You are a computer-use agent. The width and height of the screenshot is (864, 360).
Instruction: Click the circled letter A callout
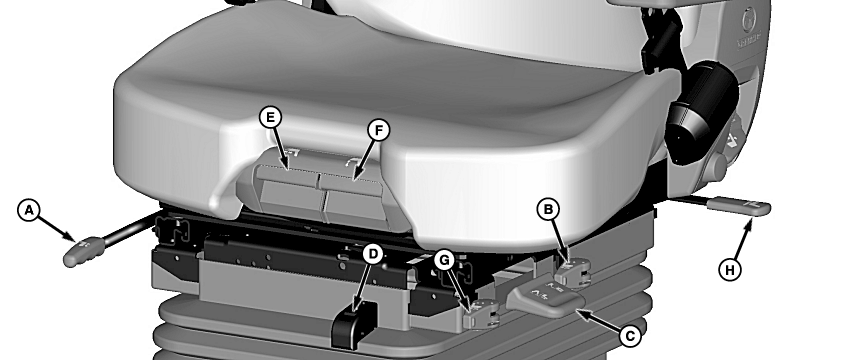(x=29, y=211)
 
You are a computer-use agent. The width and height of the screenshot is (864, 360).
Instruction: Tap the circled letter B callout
(x=548, y=209)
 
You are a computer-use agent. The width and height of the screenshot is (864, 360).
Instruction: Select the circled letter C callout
(x=630, y=336)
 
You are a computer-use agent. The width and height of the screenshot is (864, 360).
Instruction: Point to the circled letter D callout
(x=373, y=255)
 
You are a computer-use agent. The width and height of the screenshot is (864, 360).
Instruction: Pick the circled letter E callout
(x=270, y=117)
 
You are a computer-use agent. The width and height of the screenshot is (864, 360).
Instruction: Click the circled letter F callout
(x=379, y=131)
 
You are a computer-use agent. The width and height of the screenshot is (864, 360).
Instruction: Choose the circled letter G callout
(x=445, y=260)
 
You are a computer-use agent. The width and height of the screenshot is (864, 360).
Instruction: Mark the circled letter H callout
(x=730, y=270)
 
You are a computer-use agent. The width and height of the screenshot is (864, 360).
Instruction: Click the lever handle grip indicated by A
(x=83, y=251)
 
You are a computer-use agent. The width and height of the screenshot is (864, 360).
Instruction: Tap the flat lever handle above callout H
(x=739, y=206)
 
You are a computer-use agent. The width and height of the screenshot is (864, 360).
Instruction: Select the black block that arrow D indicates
(x=354, y=325)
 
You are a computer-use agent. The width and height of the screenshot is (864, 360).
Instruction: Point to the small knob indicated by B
(x=572, y=273)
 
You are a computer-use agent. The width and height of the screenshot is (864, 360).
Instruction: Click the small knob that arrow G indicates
(x=480, y=315)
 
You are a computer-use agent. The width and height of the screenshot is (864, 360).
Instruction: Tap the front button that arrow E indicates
(x=287, y=176)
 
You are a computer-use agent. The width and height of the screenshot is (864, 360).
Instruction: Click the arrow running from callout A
(x=57, y=228)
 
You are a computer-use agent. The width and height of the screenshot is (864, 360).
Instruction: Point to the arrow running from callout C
(x=598, y=320)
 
